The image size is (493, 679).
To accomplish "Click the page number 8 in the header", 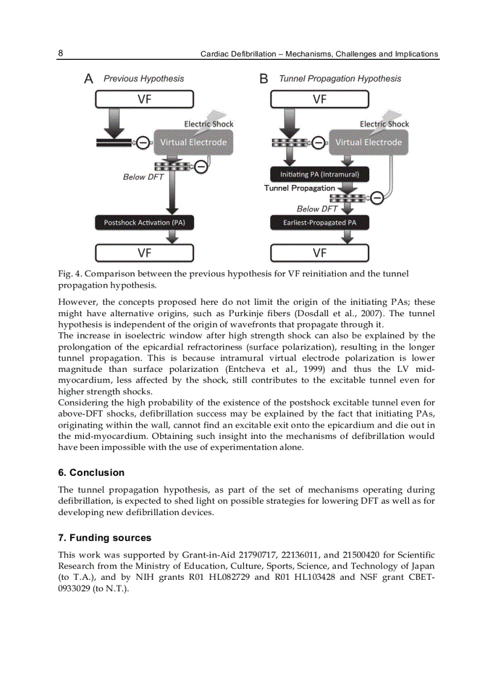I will click(x=60, y=53).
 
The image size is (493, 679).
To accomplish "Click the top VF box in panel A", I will click(x=144, y=99).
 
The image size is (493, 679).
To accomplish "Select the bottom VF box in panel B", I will click(x=320, y=252).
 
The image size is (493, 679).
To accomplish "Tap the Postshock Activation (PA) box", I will click(x=144, y=223).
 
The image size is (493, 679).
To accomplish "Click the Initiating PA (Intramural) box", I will click(x=320, y=174).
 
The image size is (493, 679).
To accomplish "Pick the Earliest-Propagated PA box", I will click(x=320, y=223).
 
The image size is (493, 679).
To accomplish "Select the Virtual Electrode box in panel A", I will click(x=193, y=142).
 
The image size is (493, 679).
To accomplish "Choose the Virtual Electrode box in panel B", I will click(x=369, y=142).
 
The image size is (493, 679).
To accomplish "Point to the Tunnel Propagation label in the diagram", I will click(x=299, y=188).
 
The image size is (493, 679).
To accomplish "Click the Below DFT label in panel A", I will click(x=143, y=177).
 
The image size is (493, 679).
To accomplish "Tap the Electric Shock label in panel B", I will click(x=384, y=124).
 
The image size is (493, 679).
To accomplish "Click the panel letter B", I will click(x=263, y=79).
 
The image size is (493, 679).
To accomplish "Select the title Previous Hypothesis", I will click(x=144, y=79).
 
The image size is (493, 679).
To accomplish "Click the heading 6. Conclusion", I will click(x=91, y=473).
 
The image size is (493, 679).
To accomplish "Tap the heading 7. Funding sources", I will click(x=105, y=538).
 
